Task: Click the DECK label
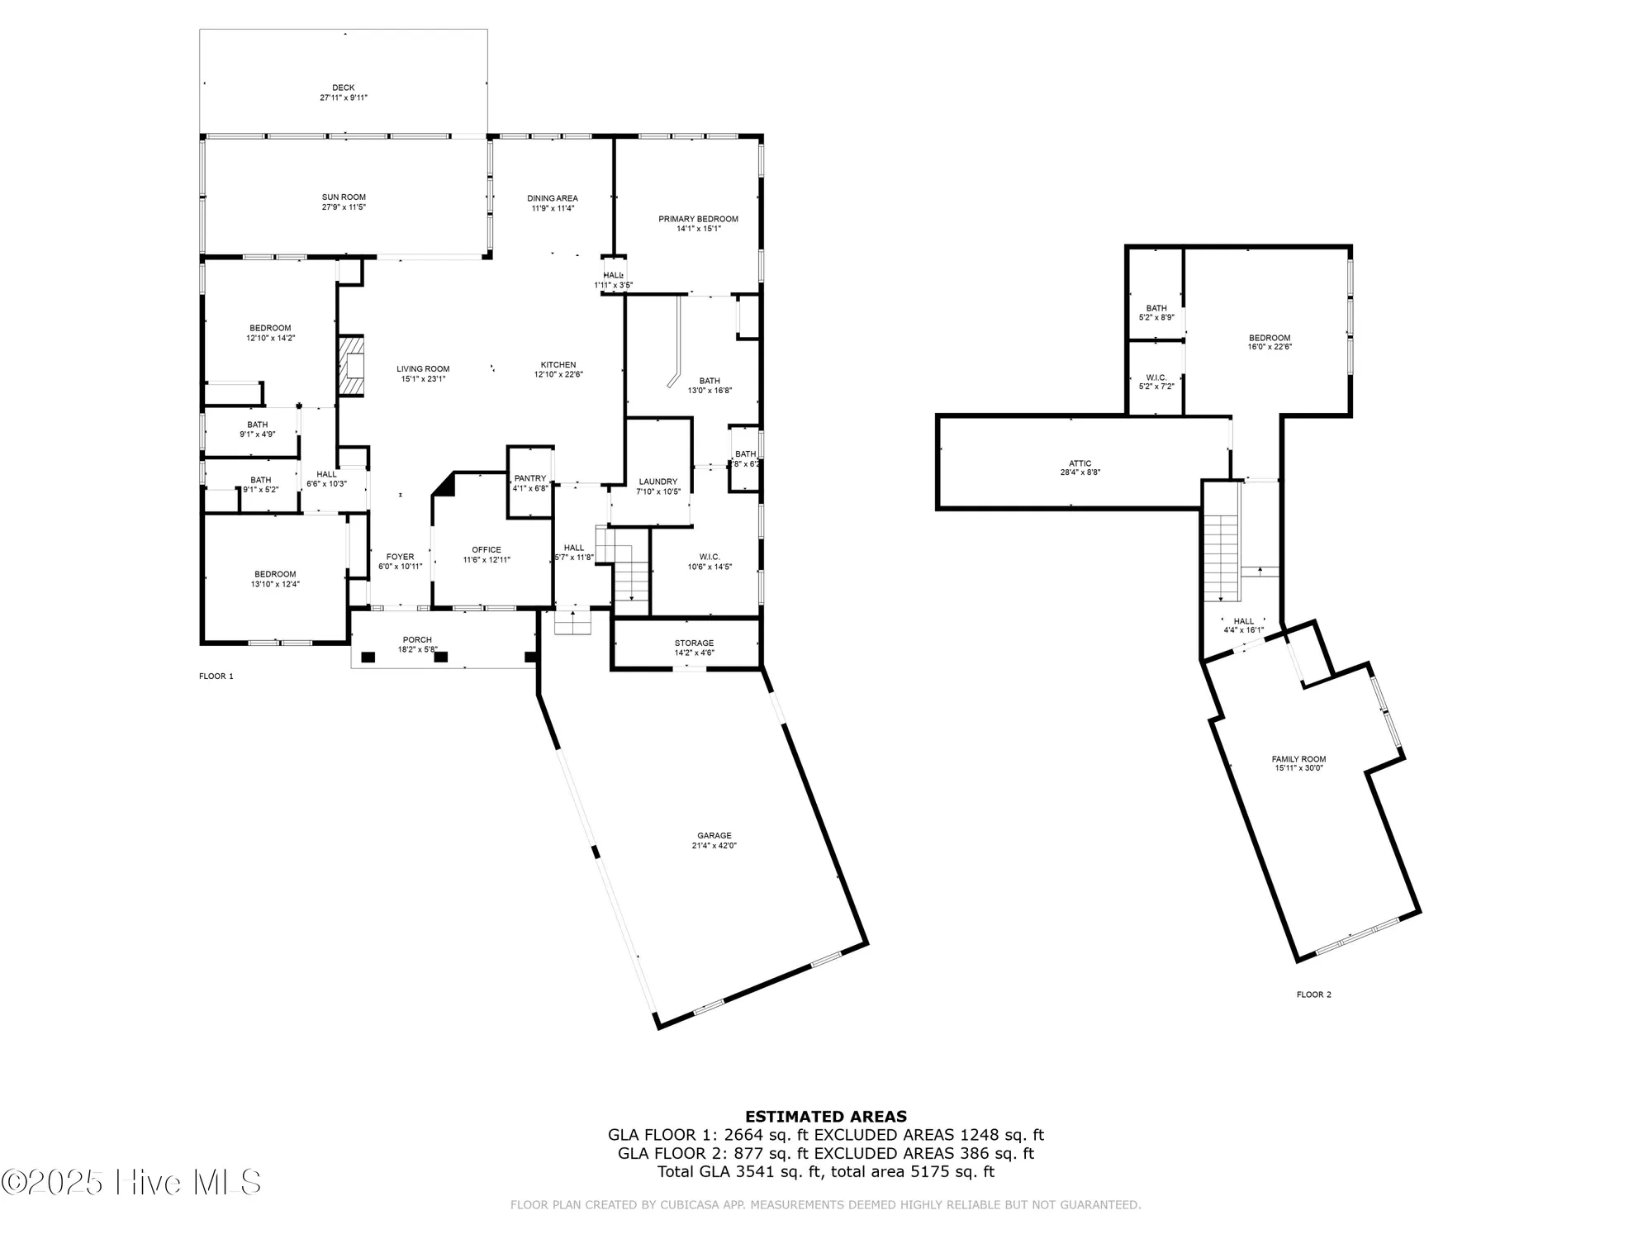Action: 344,88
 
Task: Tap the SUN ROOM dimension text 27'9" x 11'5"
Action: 344,207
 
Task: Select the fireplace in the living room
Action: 351,366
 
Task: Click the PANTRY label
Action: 530,478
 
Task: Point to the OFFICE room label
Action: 487,550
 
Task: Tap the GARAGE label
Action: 714,836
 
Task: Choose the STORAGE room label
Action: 694,643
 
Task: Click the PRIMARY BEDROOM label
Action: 698,219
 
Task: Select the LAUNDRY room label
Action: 658,482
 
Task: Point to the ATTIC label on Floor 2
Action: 1080,463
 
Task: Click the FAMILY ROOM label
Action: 1298,759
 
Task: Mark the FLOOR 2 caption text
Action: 1313,995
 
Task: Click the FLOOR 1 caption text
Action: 216,676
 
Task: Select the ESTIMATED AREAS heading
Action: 826,1117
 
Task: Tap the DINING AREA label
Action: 553,198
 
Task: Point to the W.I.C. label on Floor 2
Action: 1156,377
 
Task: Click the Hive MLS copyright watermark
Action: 132,1183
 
